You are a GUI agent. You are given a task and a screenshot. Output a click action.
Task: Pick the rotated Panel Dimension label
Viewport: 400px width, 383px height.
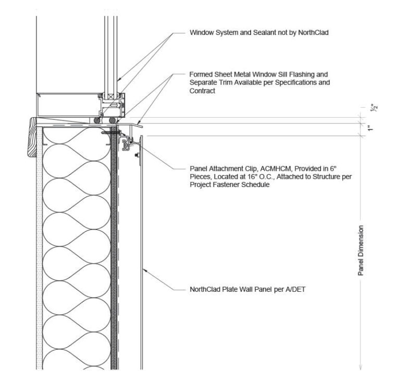361,250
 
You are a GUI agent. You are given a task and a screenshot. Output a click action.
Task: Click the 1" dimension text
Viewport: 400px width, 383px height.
369,129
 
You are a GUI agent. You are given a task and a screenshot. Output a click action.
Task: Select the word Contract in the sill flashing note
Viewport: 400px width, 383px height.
203,91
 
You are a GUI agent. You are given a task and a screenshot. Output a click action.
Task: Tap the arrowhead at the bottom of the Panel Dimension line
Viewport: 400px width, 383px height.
361,367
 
